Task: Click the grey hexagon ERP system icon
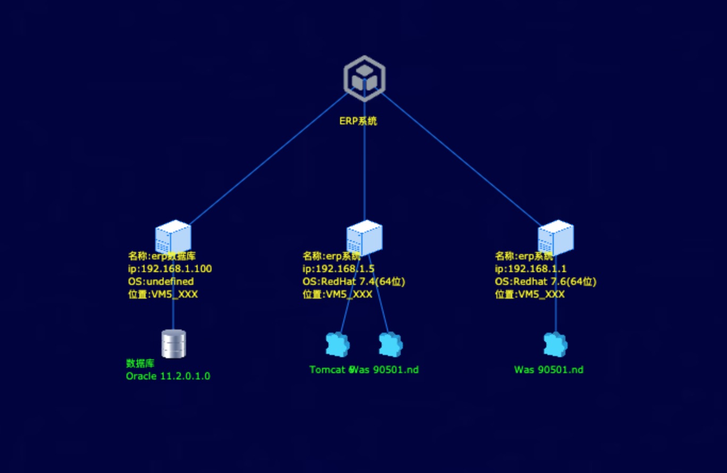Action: (364, 78)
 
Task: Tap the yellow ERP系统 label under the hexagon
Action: (358, 121)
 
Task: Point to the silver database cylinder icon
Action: (173, 343)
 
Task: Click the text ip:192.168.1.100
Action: (170, 269)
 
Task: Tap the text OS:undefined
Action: (160, 282)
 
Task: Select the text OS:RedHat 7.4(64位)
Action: (353, 282)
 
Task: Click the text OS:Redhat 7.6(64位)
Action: (545, 282)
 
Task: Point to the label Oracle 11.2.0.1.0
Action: (168, 376)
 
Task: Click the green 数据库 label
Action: (140, 364)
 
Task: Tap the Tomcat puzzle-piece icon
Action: (337, 344)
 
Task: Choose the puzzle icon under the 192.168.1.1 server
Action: (555, 344)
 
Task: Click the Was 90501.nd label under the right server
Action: (548, 369)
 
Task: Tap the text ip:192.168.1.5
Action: (339, 269)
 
